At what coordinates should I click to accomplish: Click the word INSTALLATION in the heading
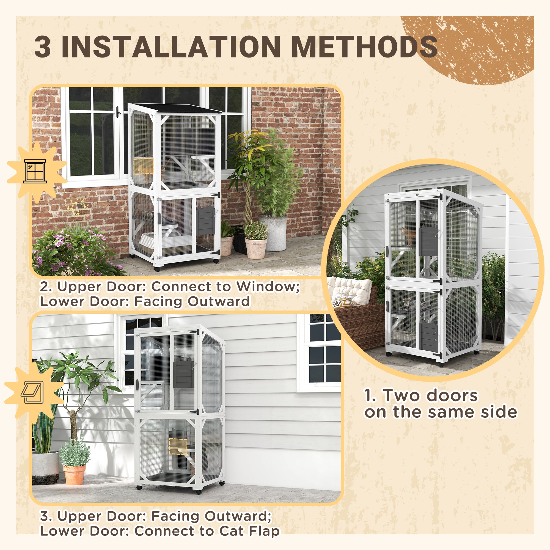point(171,47)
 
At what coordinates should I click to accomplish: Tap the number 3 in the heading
point(43,47)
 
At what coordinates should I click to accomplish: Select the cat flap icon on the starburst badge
point(32,393)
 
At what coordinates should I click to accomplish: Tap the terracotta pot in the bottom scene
point(74,474)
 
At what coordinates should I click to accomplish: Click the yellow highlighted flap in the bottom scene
point(178,446)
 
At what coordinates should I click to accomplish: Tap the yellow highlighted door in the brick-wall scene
point(144,166)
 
